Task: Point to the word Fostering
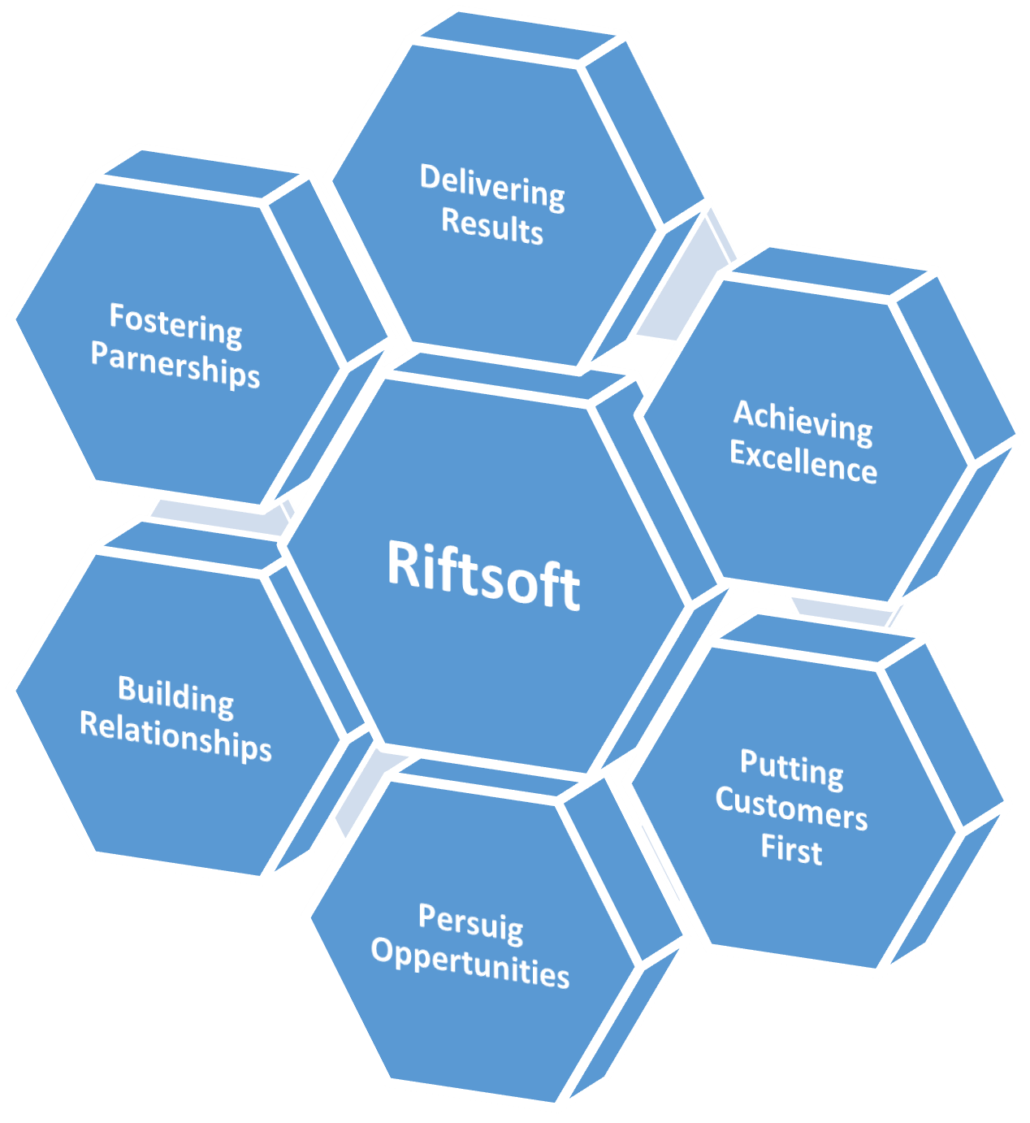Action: coord(175,323)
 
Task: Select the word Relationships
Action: coord(175,735)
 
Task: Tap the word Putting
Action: coord(791,767)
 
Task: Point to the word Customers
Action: coord(791,809)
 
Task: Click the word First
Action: coord(791,849)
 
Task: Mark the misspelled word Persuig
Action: coord(470,922)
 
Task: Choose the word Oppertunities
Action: coord(470,963)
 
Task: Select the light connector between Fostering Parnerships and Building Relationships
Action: coord(215,517)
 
